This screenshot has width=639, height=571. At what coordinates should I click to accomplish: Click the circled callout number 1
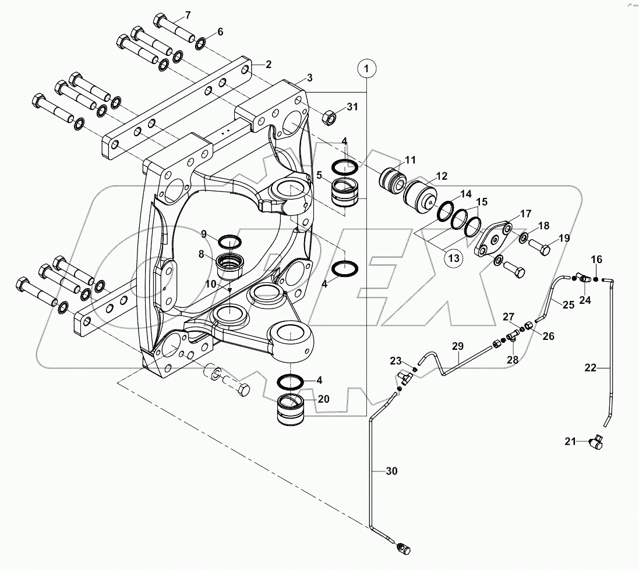coord(366,69)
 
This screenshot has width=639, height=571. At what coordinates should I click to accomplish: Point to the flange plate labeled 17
coord(493,239)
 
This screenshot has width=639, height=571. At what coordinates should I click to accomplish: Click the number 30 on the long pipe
coord(391,471)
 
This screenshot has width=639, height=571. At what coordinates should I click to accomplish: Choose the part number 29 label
coord(457,347)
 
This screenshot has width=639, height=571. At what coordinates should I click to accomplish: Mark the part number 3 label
coord(309,77)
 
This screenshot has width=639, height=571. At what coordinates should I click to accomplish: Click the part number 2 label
coord(269,64)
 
